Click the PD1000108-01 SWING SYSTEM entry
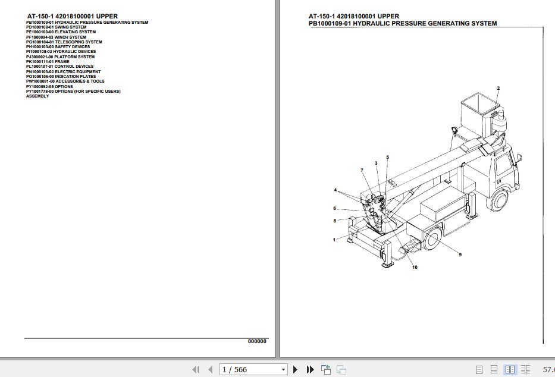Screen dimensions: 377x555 [x=56, y=27]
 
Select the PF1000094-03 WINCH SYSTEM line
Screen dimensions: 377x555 [x=56, y=37]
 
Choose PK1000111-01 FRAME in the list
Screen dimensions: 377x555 [x=48, y=62]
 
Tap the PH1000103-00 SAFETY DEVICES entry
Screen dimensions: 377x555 [x=58, y=47]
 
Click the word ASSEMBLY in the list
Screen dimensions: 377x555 [x=37, y=96]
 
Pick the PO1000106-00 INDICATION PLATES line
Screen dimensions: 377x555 [x=61, y=77]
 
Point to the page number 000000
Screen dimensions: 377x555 [x=257, y=341]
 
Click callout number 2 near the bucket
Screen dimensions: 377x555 [x=498, y=89]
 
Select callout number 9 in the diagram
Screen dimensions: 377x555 [x=460, y=255]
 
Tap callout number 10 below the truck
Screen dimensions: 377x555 [x=415, y=268]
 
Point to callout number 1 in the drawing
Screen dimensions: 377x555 [x=334, y=240]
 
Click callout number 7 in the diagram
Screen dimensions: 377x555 [x=361, y=171]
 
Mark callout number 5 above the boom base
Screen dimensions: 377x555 [x=387, y=158]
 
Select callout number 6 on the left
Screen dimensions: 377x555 [x=334, y=209]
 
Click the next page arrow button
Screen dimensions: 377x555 [x=295, y=370]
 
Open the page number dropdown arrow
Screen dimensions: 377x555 [x=283, y=370]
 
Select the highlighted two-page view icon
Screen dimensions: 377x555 [x=510, y=370]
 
